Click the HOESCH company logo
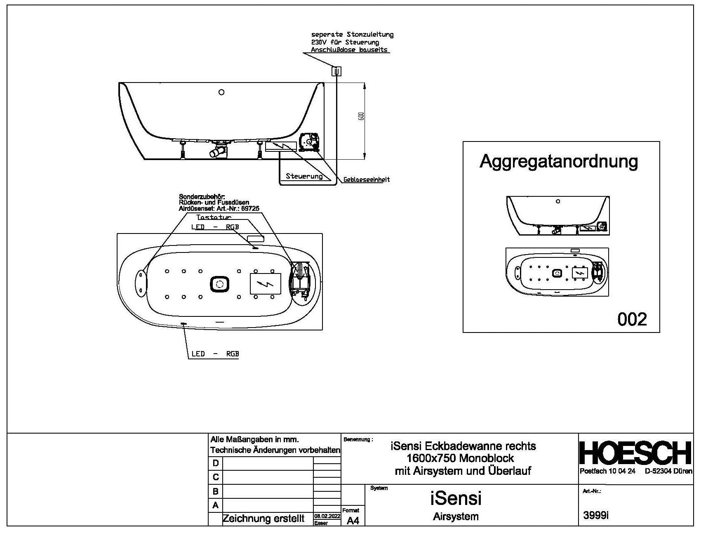[x=635, y=453]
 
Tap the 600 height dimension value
[x=362, y=116]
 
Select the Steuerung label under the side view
[x=304, y=176]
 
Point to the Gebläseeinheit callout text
[x=366, y=179]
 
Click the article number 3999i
[x=596, y=515]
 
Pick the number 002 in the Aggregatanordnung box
[x=632, y=319]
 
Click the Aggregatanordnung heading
[x=559, y=161]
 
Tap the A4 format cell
[x=353, y=521]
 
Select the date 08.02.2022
[x=327, y=516]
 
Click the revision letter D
[x=215, y=463]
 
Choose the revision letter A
[x=215, y=505]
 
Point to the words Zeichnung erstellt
[x=263, y=518]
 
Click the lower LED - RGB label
[x=215, y=354]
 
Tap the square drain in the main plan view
[x=219, y=284]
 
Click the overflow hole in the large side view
[x=221, y=92]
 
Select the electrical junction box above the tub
[x=336, y=71]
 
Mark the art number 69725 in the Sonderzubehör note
[x=250, y=209]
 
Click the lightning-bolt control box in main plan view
[x=266, y=284]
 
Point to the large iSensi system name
[x=456, y=498]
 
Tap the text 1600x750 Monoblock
[x=460, y=458]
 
